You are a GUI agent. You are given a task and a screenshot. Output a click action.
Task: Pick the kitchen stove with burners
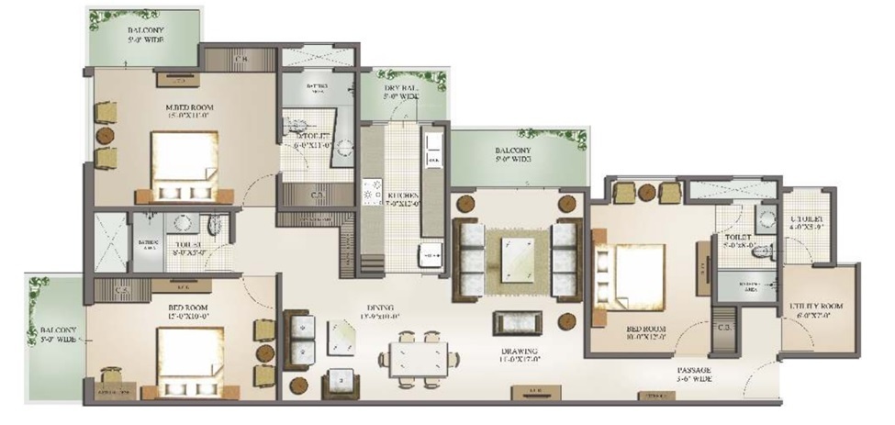(373, 194)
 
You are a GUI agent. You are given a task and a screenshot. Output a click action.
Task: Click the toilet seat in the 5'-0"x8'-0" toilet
(758, 261)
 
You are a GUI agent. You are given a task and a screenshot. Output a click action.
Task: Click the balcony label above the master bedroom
(145, 34)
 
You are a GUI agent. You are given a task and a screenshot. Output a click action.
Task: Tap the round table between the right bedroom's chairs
(648, 192)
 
